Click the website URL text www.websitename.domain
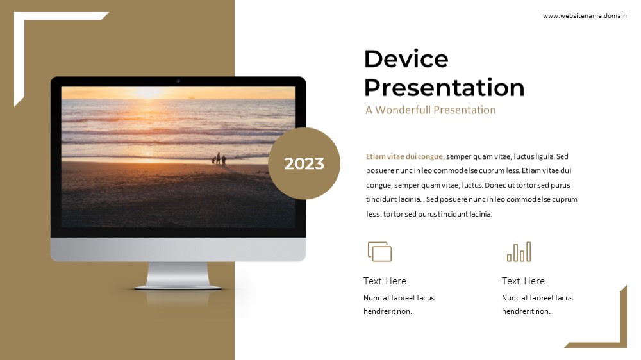(585, 16)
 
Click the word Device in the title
(406, 59)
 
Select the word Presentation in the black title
(444, 88)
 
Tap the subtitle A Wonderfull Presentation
(431, 110)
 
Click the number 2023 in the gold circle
(304, 164)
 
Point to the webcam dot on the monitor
(178, 81)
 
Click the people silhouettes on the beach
(219, 159)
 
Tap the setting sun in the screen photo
(148, 93)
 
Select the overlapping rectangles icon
(379, 251)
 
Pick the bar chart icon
(519, 252)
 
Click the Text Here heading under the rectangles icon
(385, 281)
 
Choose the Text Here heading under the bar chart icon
(523, 281)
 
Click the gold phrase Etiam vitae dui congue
(404, 156)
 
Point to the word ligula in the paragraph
(544, 156)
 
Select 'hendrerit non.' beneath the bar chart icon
(526, 311)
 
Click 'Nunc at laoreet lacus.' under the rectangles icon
(399, 298)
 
